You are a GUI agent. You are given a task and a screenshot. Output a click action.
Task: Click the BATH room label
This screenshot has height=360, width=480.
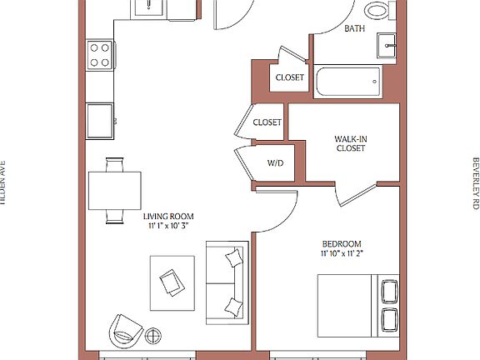tap(355, 28)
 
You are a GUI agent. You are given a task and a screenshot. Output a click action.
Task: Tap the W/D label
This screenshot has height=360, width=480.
tap(275, 162)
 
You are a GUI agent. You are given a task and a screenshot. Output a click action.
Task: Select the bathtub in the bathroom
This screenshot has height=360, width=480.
tap(347, 82)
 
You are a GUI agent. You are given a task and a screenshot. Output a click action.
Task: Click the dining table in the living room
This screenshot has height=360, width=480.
tap(115, 191)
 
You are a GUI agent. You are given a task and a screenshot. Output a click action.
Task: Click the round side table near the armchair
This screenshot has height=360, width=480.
tap(154, 336)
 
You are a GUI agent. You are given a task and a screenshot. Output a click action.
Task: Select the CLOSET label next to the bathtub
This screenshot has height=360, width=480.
tap(289, 78)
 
